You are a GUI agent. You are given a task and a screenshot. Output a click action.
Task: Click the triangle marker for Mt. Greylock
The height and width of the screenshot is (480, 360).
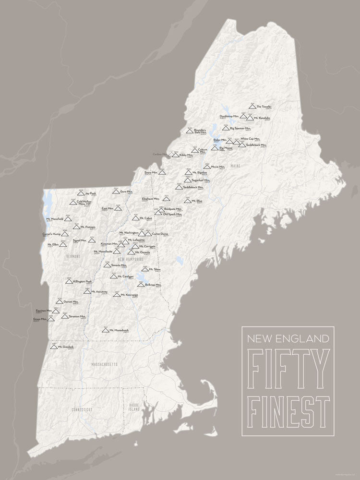click(54, 346)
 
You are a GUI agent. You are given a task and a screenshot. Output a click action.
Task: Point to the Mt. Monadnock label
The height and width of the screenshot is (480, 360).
click(119, 330)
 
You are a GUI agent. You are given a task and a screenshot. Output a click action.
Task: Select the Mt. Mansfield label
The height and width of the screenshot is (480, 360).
click(55, 219)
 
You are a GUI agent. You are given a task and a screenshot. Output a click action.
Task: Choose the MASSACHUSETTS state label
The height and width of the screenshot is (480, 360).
click(105, 365)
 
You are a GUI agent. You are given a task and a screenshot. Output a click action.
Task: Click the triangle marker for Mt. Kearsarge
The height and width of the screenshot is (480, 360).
click(117, 294)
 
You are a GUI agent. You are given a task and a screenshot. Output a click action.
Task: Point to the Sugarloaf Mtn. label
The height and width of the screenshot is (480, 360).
click(201, 180)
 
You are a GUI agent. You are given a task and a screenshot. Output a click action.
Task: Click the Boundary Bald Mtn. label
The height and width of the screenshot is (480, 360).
click(200, 131)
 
